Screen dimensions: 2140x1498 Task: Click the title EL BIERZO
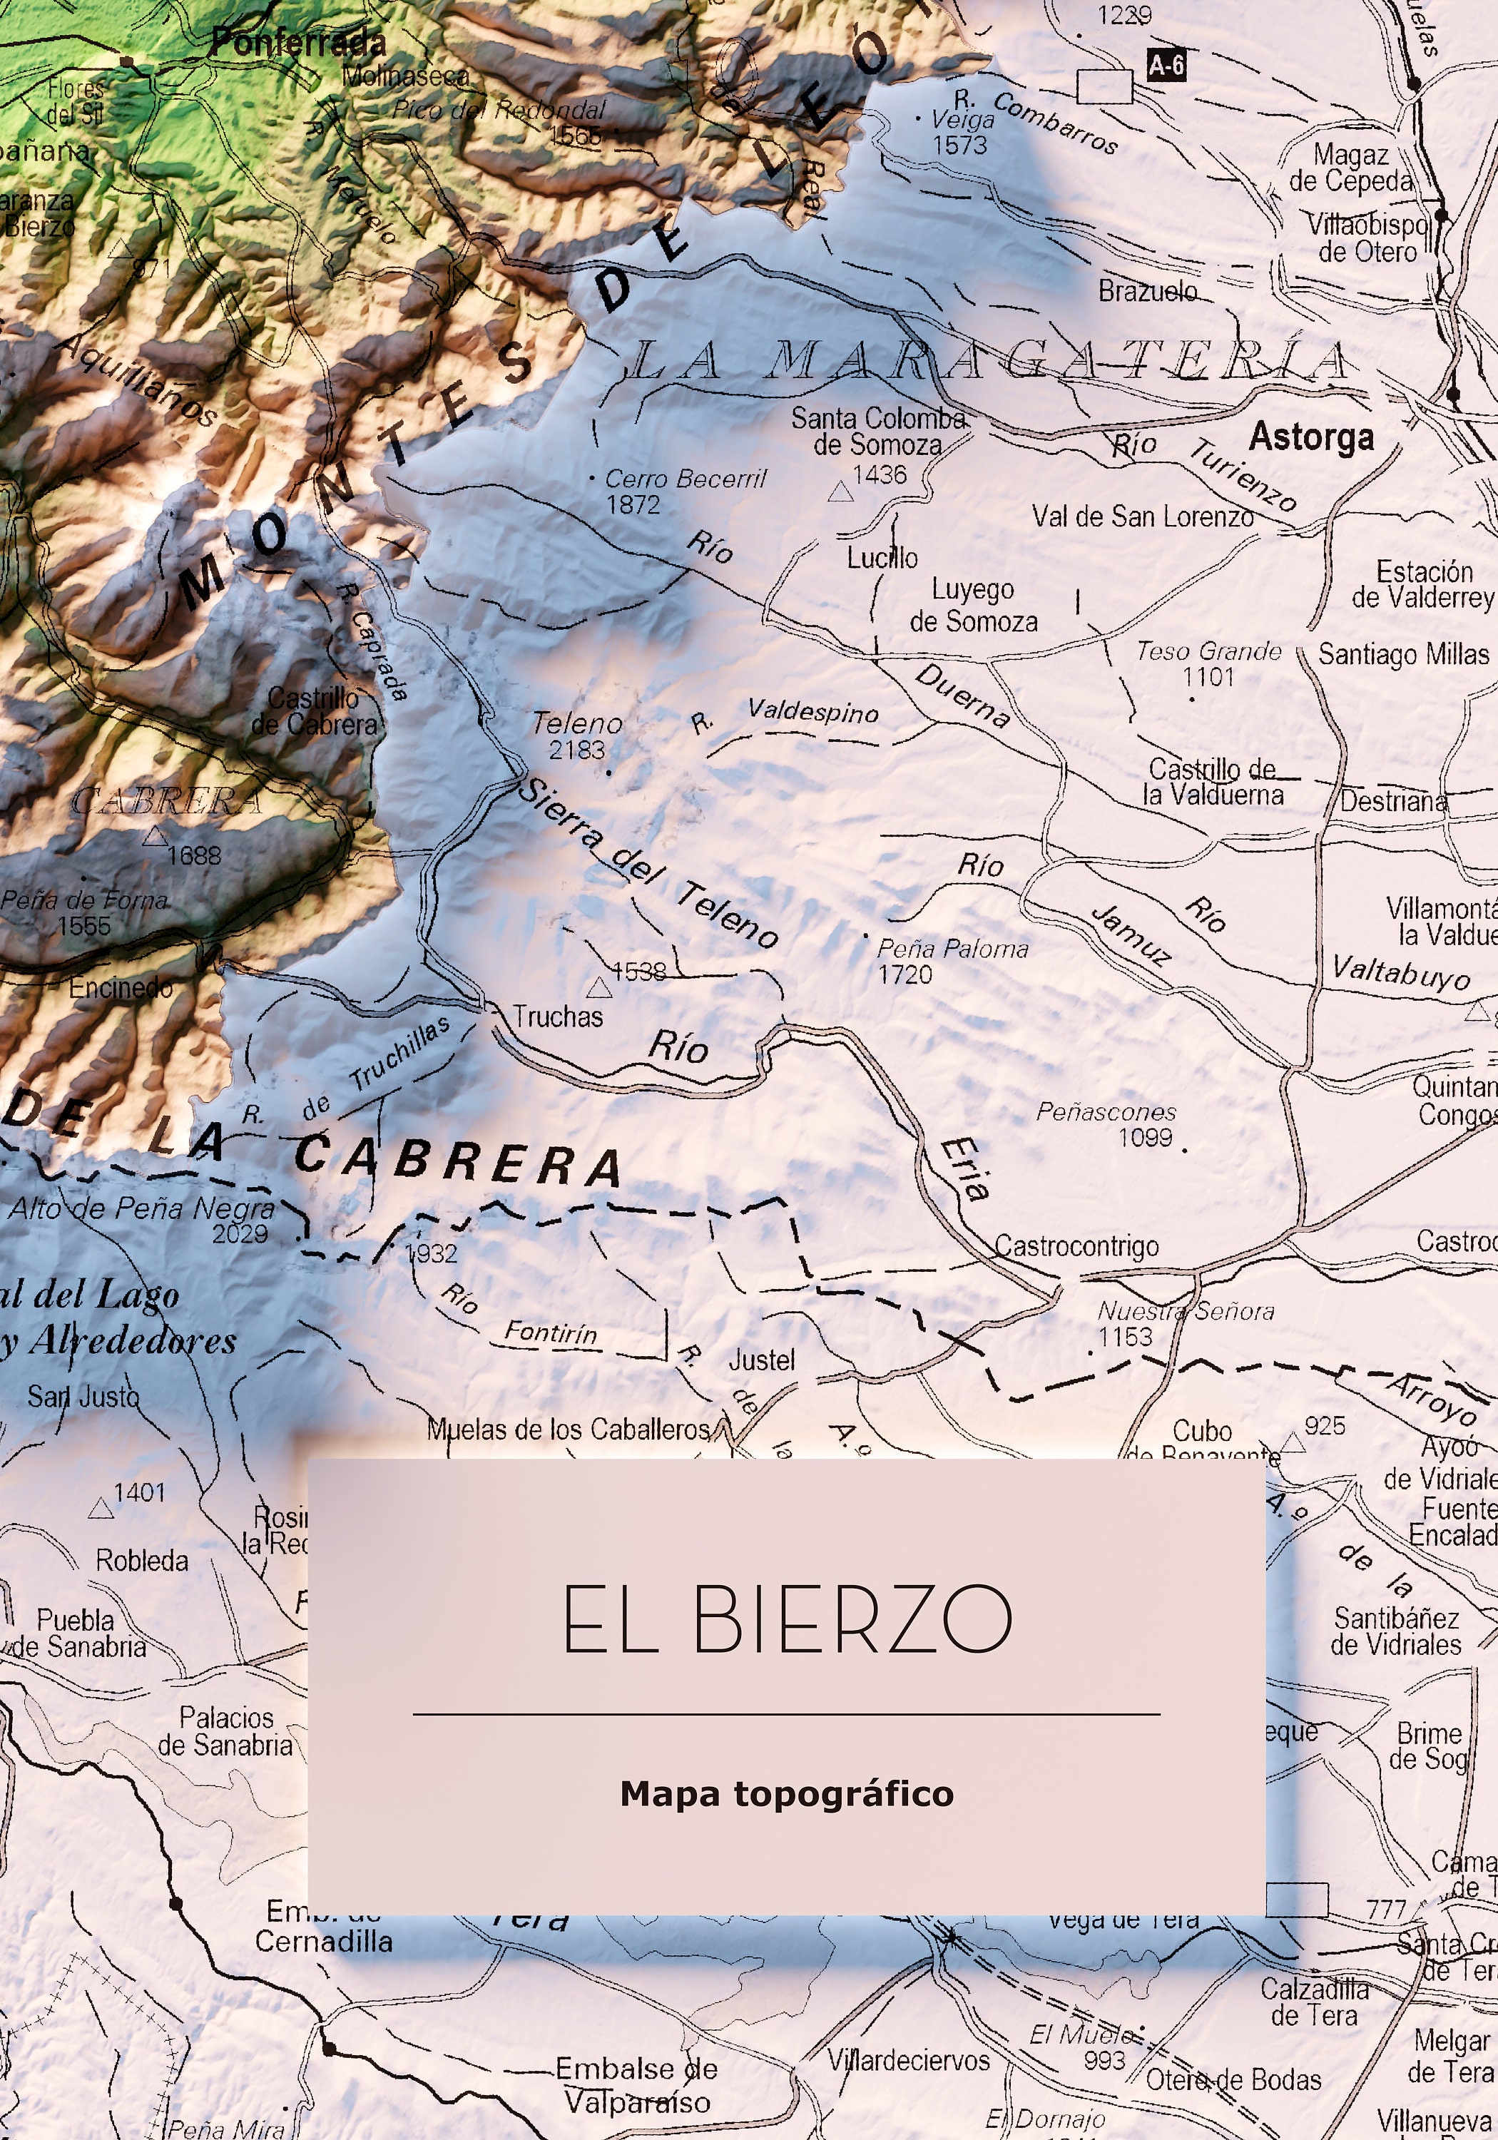click(x=787, y=1621)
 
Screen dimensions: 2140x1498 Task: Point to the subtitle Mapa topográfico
click(x=787, y=1794)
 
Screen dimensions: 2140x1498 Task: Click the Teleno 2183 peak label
click(x=577, y=735)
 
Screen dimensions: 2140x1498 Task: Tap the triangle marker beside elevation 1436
click(x=841, y=491)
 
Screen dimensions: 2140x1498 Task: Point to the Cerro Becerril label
click(x=685, y=480)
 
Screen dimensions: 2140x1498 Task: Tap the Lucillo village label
click(x=882, y=559)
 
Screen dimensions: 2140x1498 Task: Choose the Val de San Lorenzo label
click(x=1142, y=516)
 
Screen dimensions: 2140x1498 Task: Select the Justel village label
click(x=762, y=1361)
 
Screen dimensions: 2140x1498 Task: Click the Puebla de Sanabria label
click(x=78, y=1633)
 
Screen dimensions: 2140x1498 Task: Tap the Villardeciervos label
click(x=908, y=2060)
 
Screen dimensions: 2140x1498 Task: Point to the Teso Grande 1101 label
click(x=1208, y=663)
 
